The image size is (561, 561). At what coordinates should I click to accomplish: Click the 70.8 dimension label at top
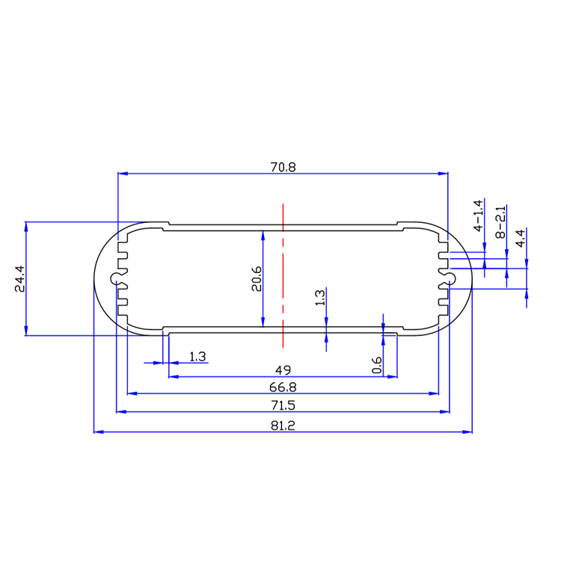(283, 168)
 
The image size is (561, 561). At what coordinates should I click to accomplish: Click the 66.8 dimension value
(283, 387)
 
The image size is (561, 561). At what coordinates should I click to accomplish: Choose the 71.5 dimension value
(283, 406)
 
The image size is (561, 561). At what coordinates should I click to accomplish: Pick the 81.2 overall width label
(283, 426)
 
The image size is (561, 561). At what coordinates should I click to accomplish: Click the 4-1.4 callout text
(478, 216)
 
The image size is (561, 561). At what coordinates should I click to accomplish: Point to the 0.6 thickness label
(376, 366)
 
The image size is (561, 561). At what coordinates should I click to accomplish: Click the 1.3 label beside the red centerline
(320, 298)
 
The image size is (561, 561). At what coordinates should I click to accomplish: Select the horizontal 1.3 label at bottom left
(197, 357)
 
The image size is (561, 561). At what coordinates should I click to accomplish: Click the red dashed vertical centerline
(283, 277)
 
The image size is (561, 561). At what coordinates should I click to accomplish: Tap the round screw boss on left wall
(117, 279)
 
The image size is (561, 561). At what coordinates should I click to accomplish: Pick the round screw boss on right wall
(450, 279)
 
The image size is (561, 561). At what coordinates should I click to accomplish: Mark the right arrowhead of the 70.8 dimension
(444, 174)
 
